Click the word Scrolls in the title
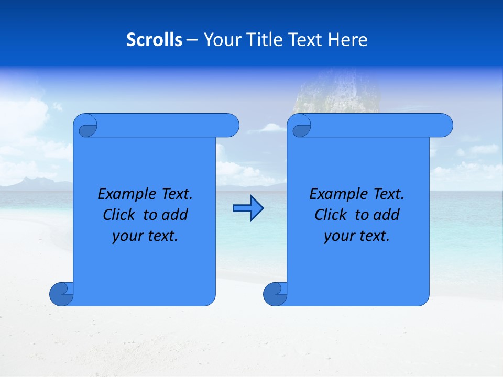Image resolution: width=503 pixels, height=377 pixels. (x=155, y=40)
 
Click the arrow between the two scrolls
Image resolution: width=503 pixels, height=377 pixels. (x=248, y=208)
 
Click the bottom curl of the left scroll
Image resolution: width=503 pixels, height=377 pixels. (x=61, y=294)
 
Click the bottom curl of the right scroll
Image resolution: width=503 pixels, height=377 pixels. (x=275, y=294)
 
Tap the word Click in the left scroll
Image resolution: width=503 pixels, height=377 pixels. (x=119, y=215)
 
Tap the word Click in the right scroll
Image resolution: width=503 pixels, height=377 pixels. (x=331, y=215)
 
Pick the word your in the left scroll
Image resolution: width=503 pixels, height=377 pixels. (x=126, y=236)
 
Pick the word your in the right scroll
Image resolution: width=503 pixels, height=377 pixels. (x=338, y=236)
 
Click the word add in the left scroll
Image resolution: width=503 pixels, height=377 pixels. (x=176, y=215)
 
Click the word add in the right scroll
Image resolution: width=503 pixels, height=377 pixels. (x=387, y=215)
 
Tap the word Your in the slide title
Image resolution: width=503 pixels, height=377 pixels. (x=219, y=40)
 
